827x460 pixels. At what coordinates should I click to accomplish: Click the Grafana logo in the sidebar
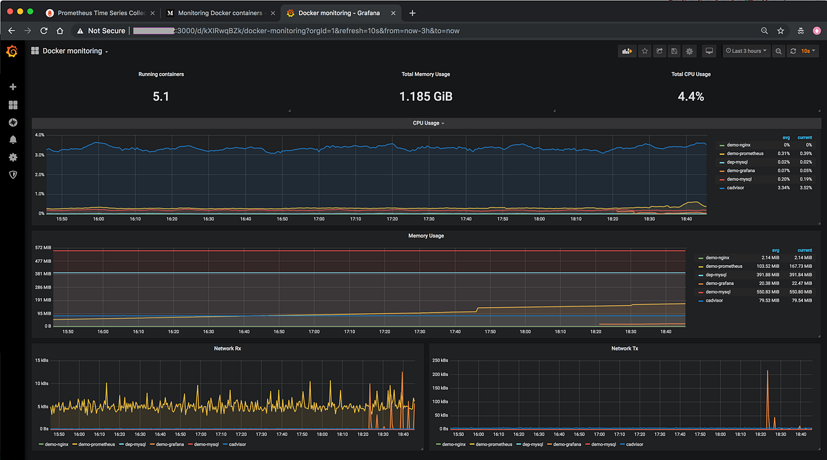click(x=12, y=52)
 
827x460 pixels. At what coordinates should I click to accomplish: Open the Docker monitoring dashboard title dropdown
click(x=75, y=51)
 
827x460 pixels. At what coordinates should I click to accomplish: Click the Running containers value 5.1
click(x=161, y=96)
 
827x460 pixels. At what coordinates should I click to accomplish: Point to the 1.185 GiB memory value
click(x=426, y=96)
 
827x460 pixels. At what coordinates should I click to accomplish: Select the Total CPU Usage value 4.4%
click(x=691, y=96)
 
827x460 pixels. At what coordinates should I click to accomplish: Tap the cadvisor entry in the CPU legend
click(x=737, y=187)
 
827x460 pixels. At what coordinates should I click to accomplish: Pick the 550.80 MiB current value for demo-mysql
click(x=799, y=292)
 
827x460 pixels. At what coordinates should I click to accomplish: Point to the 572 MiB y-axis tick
click(x=43, y=247)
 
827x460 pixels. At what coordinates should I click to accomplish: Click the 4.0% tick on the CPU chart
click(x=39, y=135)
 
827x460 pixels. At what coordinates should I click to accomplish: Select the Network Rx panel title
click(x=228, y=348)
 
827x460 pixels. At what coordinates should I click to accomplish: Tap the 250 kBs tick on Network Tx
click(x=440, y=360)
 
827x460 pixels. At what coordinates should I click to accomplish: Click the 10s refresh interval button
click(x=806, y=51)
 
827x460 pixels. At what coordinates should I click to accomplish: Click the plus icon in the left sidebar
click(x=12, y=87)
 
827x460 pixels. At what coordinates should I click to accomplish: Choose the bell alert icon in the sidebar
click(x=12, y=140)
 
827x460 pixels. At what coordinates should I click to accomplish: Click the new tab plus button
click(x=412, y=13)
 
